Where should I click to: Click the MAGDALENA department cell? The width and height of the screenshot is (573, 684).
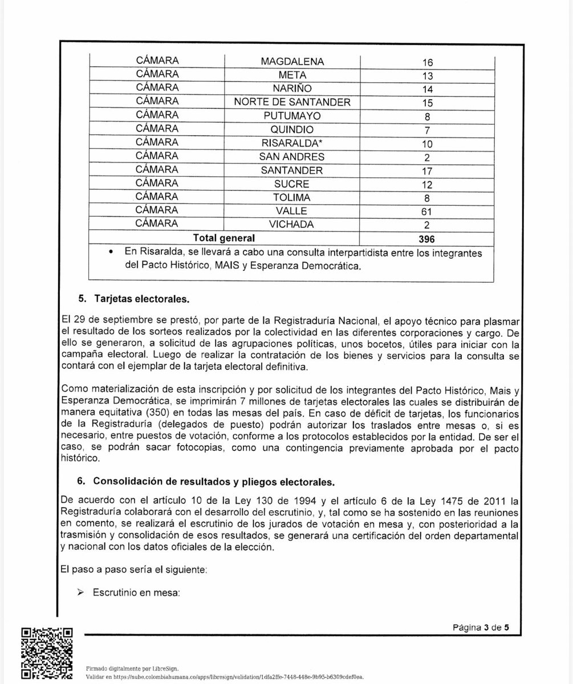tap(292, 62)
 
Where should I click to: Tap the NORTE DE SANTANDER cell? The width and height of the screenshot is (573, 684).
tap(292, 103)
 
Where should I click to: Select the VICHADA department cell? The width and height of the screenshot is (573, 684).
tap(292, 225)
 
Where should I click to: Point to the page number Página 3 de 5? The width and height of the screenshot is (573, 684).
tap(480, 628)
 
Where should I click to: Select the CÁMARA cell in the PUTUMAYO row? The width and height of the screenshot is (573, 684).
tap(157, 116)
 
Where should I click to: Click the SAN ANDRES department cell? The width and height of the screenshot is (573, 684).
tap(292, 157)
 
